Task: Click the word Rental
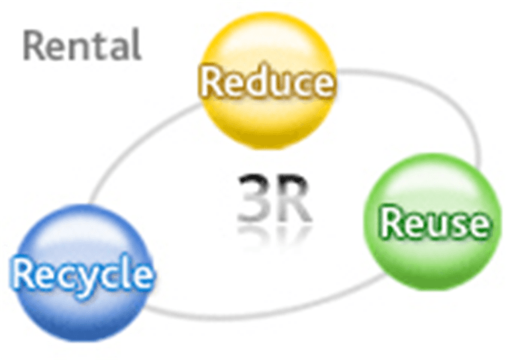82,46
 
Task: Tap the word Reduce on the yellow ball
266,83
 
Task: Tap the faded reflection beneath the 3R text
273,233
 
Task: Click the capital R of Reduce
211,83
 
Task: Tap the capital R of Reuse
391,223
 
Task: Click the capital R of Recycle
23,273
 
